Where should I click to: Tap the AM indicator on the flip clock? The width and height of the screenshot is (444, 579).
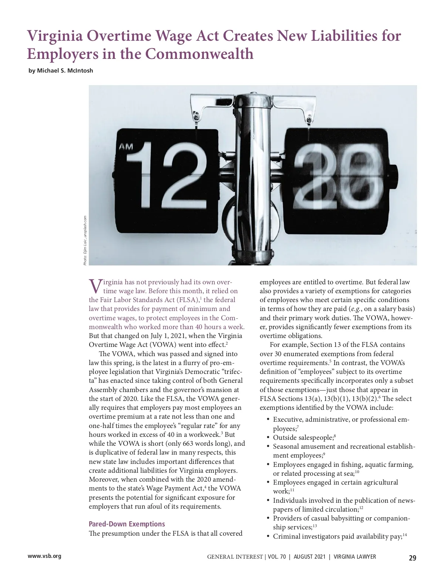click(126, 147)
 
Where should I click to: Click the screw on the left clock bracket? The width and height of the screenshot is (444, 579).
click(195, 118)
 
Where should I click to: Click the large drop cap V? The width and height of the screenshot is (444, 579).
click(95, 286)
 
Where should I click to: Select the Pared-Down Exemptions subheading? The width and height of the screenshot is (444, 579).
click(127, 524)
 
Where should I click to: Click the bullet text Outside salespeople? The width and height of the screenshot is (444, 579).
click(303, 438)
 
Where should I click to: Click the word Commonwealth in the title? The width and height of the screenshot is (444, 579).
click(199, 54)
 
